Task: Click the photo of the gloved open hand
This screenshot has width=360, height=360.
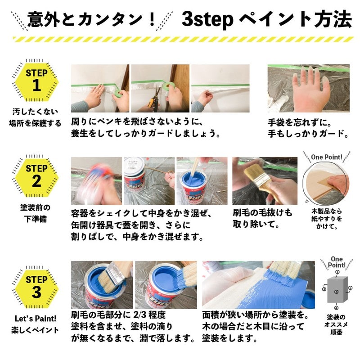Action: (308, 88)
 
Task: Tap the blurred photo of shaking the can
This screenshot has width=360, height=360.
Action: (96, 181)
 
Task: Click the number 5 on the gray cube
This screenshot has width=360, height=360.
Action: (336, 292)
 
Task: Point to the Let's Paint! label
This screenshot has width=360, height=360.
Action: (35, 319)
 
